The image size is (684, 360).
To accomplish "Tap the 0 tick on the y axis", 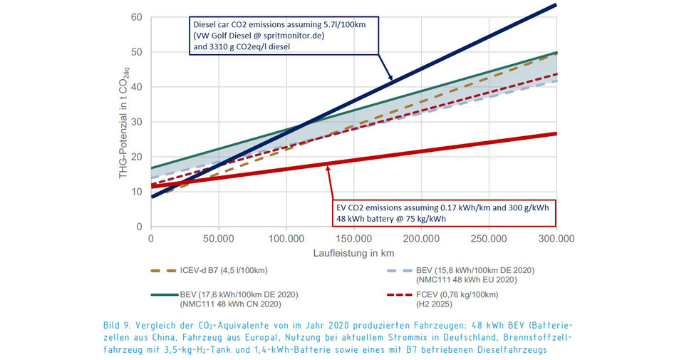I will click(x=140, y=227).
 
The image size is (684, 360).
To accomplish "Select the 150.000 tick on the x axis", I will click(x=353, y=238).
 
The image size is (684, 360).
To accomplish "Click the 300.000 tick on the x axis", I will click(x=556, y=238).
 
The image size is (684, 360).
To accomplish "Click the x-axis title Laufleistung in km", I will click(x=353, y=253).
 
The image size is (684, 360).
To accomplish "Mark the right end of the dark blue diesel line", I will click(x=556, y=5).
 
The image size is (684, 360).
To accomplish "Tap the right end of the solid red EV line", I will click(x=556, y=133).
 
